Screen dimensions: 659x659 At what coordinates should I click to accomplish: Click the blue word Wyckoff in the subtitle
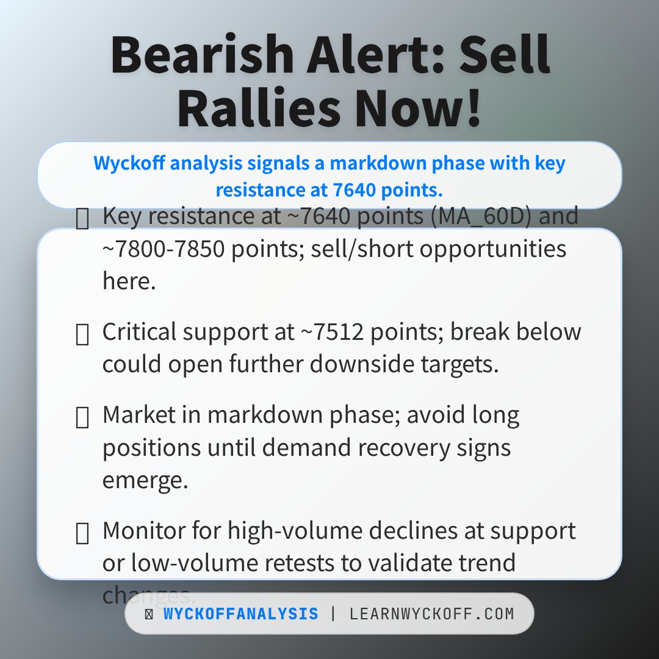123,164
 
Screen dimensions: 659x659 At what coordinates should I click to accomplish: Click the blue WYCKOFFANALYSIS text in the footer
240,614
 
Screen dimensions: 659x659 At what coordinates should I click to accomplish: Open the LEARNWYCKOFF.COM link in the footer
431,614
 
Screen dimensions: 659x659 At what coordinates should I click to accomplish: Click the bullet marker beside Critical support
82,334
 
